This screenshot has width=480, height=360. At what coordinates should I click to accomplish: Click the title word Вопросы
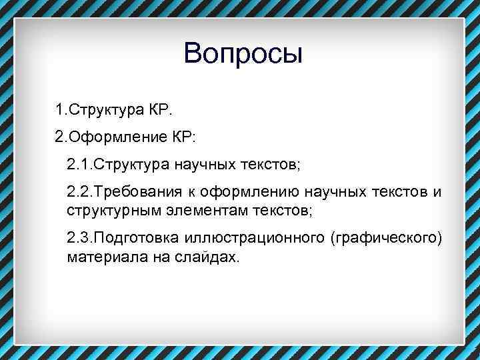[243, 54]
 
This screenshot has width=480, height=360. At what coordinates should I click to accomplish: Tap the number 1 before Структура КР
[59, 109]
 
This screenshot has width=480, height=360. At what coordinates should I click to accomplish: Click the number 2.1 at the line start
[78, 164]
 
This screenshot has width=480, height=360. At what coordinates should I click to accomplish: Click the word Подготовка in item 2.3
[138, 239]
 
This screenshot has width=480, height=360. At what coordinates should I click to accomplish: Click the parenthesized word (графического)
[385, 239]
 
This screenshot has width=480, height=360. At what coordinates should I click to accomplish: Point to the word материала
[98, 257]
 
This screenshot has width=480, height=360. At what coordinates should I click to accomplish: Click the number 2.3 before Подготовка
[78, 239]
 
